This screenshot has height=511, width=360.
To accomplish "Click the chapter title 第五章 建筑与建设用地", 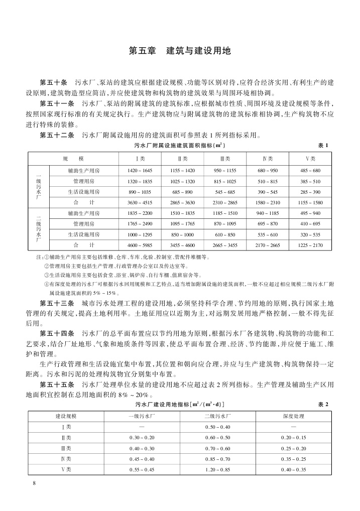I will (179, 51).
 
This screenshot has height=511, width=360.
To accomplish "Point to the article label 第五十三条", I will (57, 304).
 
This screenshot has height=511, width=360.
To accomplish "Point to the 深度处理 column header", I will (294, 416).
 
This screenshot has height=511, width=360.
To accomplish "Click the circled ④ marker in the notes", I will (47, 284).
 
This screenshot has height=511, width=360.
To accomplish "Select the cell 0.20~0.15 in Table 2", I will (294, 437).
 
